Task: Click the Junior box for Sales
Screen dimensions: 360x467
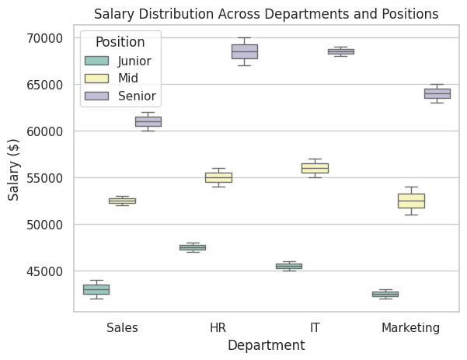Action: tap(96, 289)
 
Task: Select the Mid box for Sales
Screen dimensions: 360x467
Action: tap(122, 201)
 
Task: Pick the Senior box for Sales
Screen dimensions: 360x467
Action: tap(148, 121)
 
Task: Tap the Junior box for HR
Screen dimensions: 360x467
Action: tap(192, 247)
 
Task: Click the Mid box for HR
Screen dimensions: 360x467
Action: tap(218, 177)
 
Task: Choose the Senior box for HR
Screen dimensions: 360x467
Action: tap(244, 51)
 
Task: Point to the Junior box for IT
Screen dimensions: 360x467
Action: tap(289, 266)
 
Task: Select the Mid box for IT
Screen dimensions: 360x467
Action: tap(315, 168)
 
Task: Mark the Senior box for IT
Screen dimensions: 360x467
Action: tap(340, 51)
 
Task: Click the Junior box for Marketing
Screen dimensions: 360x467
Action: tap(385, 294)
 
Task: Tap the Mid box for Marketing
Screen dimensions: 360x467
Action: tap(411, 201)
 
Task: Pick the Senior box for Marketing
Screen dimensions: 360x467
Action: tap(437, 93)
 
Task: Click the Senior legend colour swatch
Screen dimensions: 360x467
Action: tap(97, 96)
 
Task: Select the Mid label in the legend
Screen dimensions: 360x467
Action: tap(129, 79)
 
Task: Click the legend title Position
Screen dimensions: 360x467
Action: tap(120, 42)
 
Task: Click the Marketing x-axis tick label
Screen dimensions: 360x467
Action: tap(410, 328)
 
